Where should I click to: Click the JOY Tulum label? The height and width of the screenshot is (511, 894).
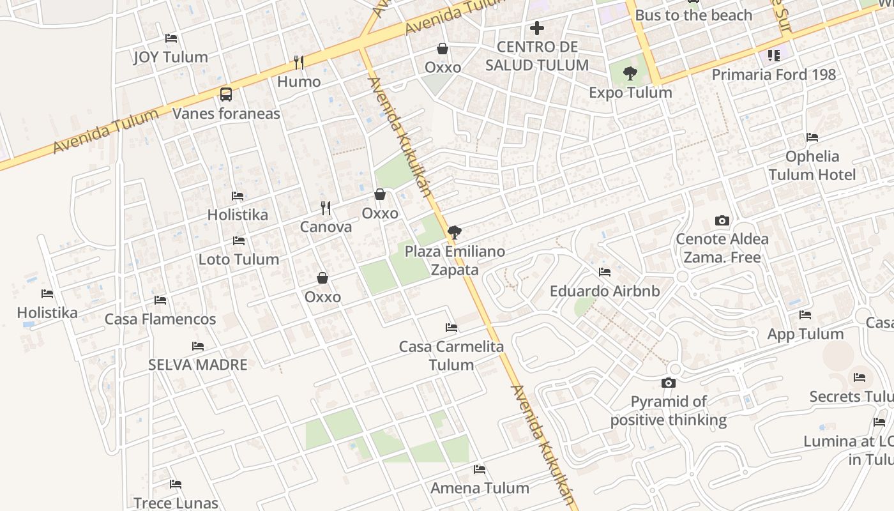tap(170, 57)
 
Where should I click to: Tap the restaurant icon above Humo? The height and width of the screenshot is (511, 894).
tap(298, 62)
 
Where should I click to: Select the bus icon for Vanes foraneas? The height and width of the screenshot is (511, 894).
tap(226, 95)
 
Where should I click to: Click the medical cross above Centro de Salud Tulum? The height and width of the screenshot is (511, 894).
tap(537, 28)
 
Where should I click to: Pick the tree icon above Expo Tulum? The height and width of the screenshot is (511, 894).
tap(630, 73)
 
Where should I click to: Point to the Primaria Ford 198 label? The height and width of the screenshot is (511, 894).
tap(773, 75)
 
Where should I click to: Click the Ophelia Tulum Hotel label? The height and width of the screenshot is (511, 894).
tap(812, 165)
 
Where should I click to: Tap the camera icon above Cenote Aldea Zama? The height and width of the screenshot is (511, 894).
tap(722, 221)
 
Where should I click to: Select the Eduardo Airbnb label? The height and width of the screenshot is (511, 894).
tap(605, 291)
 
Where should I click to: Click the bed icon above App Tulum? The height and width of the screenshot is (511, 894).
tap(805, 315)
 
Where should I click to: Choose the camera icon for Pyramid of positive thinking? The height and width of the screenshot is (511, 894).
tap(669, 383)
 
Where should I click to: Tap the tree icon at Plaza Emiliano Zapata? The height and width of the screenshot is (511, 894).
tap(454, 232)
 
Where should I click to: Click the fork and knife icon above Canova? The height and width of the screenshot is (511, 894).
tap(326, 208)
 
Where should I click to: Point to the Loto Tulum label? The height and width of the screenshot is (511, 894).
tap(239, 259)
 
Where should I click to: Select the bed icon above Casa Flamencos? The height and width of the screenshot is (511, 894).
tap(160, 300)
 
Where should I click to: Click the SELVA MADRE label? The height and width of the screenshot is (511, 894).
tap(198, 365)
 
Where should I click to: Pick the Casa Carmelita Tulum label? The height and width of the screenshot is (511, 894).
tap(451, 356)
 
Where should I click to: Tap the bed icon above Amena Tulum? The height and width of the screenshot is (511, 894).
tap(480, 469)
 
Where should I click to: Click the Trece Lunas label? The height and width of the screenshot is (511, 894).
tap(176, 503)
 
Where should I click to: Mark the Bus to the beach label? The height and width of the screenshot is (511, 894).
tap(693, 15)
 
